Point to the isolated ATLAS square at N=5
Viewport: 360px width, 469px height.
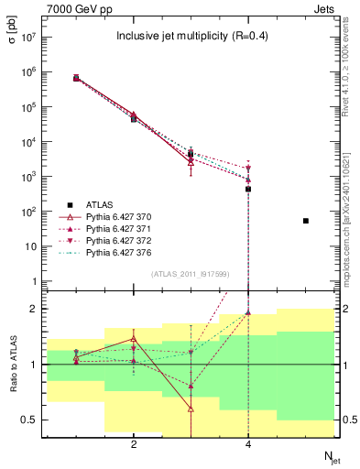point(306,221)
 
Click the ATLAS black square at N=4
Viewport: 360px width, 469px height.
point(248,189)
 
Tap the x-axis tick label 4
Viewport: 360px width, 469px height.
point(248,444)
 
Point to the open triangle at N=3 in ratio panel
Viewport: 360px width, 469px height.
point(191,409)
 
